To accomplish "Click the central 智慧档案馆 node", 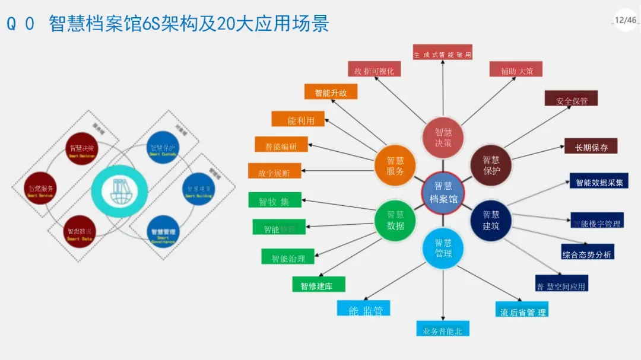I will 443,192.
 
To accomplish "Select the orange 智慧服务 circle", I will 395,165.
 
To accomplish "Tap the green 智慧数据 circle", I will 395,220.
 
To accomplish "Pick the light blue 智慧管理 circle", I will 443,248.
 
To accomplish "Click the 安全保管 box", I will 572,100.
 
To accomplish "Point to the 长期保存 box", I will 591,146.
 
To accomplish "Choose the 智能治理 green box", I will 288,257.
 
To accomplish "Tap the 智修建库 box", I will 319,285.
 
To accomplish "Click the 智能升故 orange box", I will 331,92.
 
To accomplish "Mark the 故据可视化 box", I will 373,70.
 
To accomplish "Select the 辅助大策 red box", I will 516,70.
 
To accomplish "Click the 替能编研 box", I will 282,145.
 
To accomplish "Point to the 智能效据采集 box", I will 598,181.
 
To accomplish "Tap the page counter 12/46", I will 625,20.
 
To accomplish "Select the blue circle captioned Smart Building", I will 199,189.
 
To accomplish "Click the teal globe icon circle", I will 119,190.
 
